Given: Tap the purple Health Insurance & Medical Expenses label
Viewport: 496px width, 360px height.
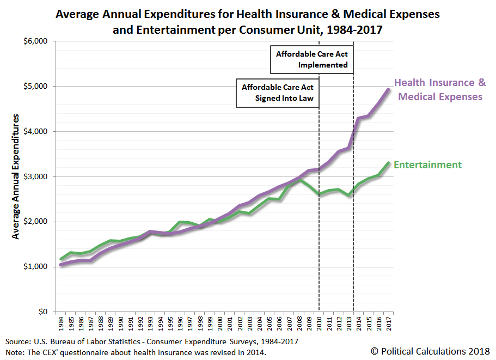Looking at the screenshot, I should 440,90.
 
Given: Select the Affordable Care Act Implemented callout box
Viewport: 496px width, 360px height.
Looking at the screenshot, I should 311,59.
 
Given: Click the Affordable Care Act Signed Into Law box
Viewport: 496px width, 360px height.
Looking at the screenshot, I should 277,93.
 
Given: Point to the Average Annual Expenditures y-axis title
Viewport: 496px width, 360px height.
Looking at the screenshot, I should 16,176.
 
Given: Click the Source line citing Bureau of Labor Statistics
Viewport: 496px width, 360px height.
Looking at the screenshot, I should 152,341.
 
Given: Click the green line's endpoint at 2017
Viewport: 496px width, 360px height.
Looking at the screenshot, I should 388,162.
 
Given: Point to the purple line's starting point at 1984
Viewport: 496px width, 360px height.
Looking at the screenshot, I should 62,265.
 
